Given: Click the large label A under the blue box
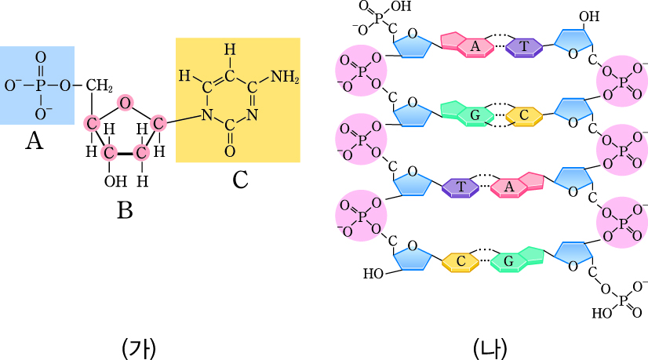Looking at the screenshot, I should point(34,142).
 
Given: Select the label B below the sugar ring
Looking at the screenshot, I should point(124,210).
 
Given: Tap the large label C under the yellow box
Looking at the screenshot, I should point(240,180).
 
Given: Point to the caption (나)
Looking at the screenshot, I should point(492,346).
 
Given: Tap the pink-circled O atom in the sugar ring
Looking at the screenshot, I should point(125,102).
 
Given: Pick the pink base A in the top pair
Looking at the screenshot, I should point(475,47).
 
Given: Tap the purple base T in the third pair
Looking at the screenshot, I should point(461,187).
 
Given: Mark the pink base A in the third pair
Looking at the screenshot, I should point(508,187).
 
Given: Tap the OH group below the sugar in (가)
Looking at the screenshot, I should point(115,182).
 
